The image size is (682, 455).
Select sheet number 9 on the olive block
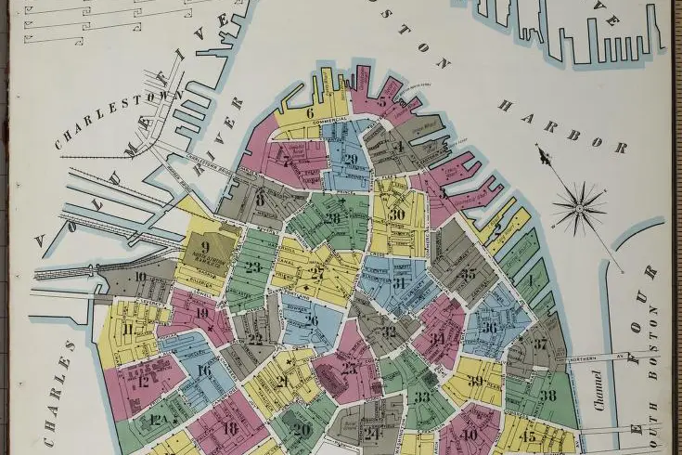click(205, 247)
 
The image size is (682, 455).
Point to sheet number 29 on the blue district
click(350, 159)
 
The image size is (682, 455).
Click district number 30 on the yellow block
click(398, 214)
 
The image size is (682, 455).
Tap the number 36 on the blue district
click(489, 327)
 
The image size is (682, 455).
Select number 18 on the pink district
click(231, 428)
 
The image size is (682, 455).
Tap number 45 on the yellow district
click(529, 437)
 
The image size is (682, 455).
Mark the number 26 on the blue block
click(311, 321)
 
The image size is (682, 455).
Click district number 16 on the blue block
click(203, 370)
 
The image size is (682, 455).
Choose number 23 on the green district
click(253, 267)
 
